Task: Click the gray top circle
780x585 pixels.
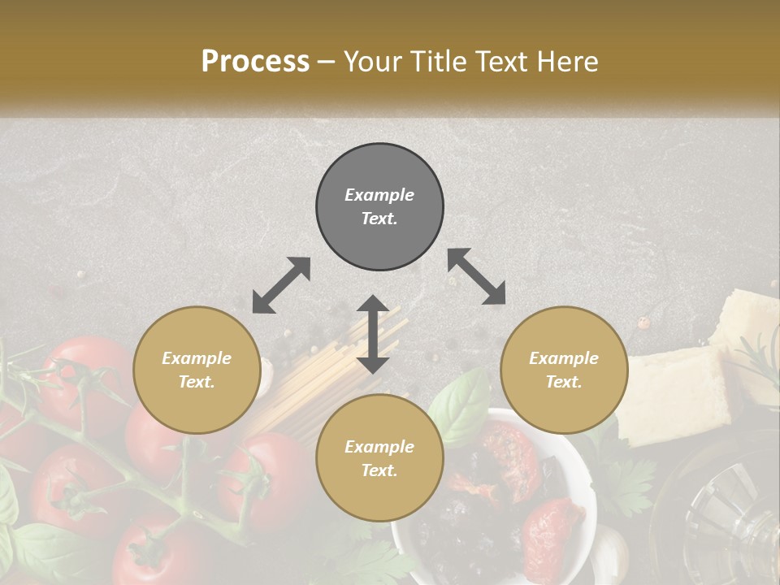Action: [379, 207]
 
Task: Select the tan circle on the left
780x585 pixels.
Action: [197, 370]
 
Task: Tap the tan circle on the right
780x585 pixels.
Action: [564, 370]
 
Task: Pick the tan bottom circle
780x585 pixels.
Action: [379, 458]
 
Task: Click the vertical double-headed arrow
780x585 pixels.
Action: [373, 334]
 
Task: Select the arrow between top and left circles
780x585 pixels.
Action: [281, 285]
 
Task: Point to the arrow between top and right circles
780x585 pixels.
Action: [476, 277]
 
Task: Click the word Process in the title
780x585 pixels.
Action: [255, 61]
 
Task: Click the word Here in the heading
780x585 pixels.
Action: [568, 61]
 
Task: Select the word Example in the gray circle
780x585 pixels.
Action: [379, 195]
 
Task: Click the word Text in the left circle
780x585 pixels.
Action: [196, 382]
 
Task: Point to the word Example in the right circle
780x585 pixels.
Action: [564, 358]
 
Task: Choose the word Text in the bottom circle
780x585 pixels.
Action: [379, 470]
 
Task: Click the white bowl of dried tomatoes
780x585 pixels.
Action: [496, 504]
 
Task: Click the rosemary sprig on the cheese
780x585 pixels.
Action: [760, 357]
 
